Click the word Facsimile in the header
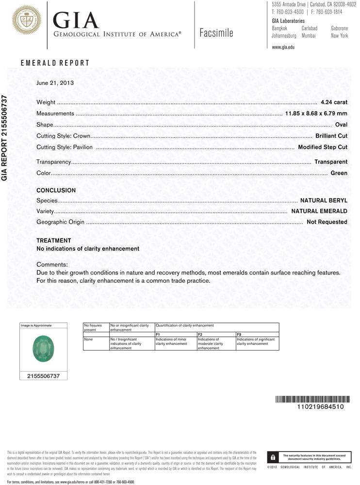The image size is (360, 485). coord(216,33)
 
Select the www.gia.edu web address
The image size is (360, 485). coord(283,47)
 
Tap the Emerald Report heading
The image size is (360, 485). coord(55,63)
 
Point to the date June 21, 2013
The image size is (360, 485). coord(55,83)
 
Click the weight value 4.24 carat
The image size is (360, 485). coord(334,102)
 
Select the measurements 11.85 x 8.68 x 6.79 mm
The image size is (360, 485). coord(316,113)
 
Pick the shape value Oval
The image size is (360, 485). coord(341,125)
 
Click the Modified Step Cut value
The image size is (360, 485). coord(323,147)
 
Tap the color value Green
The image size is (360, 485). coord(339,173)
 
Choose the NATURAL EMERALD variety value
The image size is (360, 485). coord(319,211)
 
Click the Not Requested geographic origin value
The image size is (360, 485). coord(327,222)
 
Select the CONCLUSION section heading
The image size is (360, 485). coord(56,191)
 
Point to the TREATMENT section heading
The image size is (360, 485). coord(54,241)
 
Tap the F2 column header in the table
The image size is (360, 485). coord(200,335)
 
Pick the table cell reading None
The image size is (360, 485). coord(88,339)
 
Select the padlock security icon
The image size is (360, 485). coord(273,457)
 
